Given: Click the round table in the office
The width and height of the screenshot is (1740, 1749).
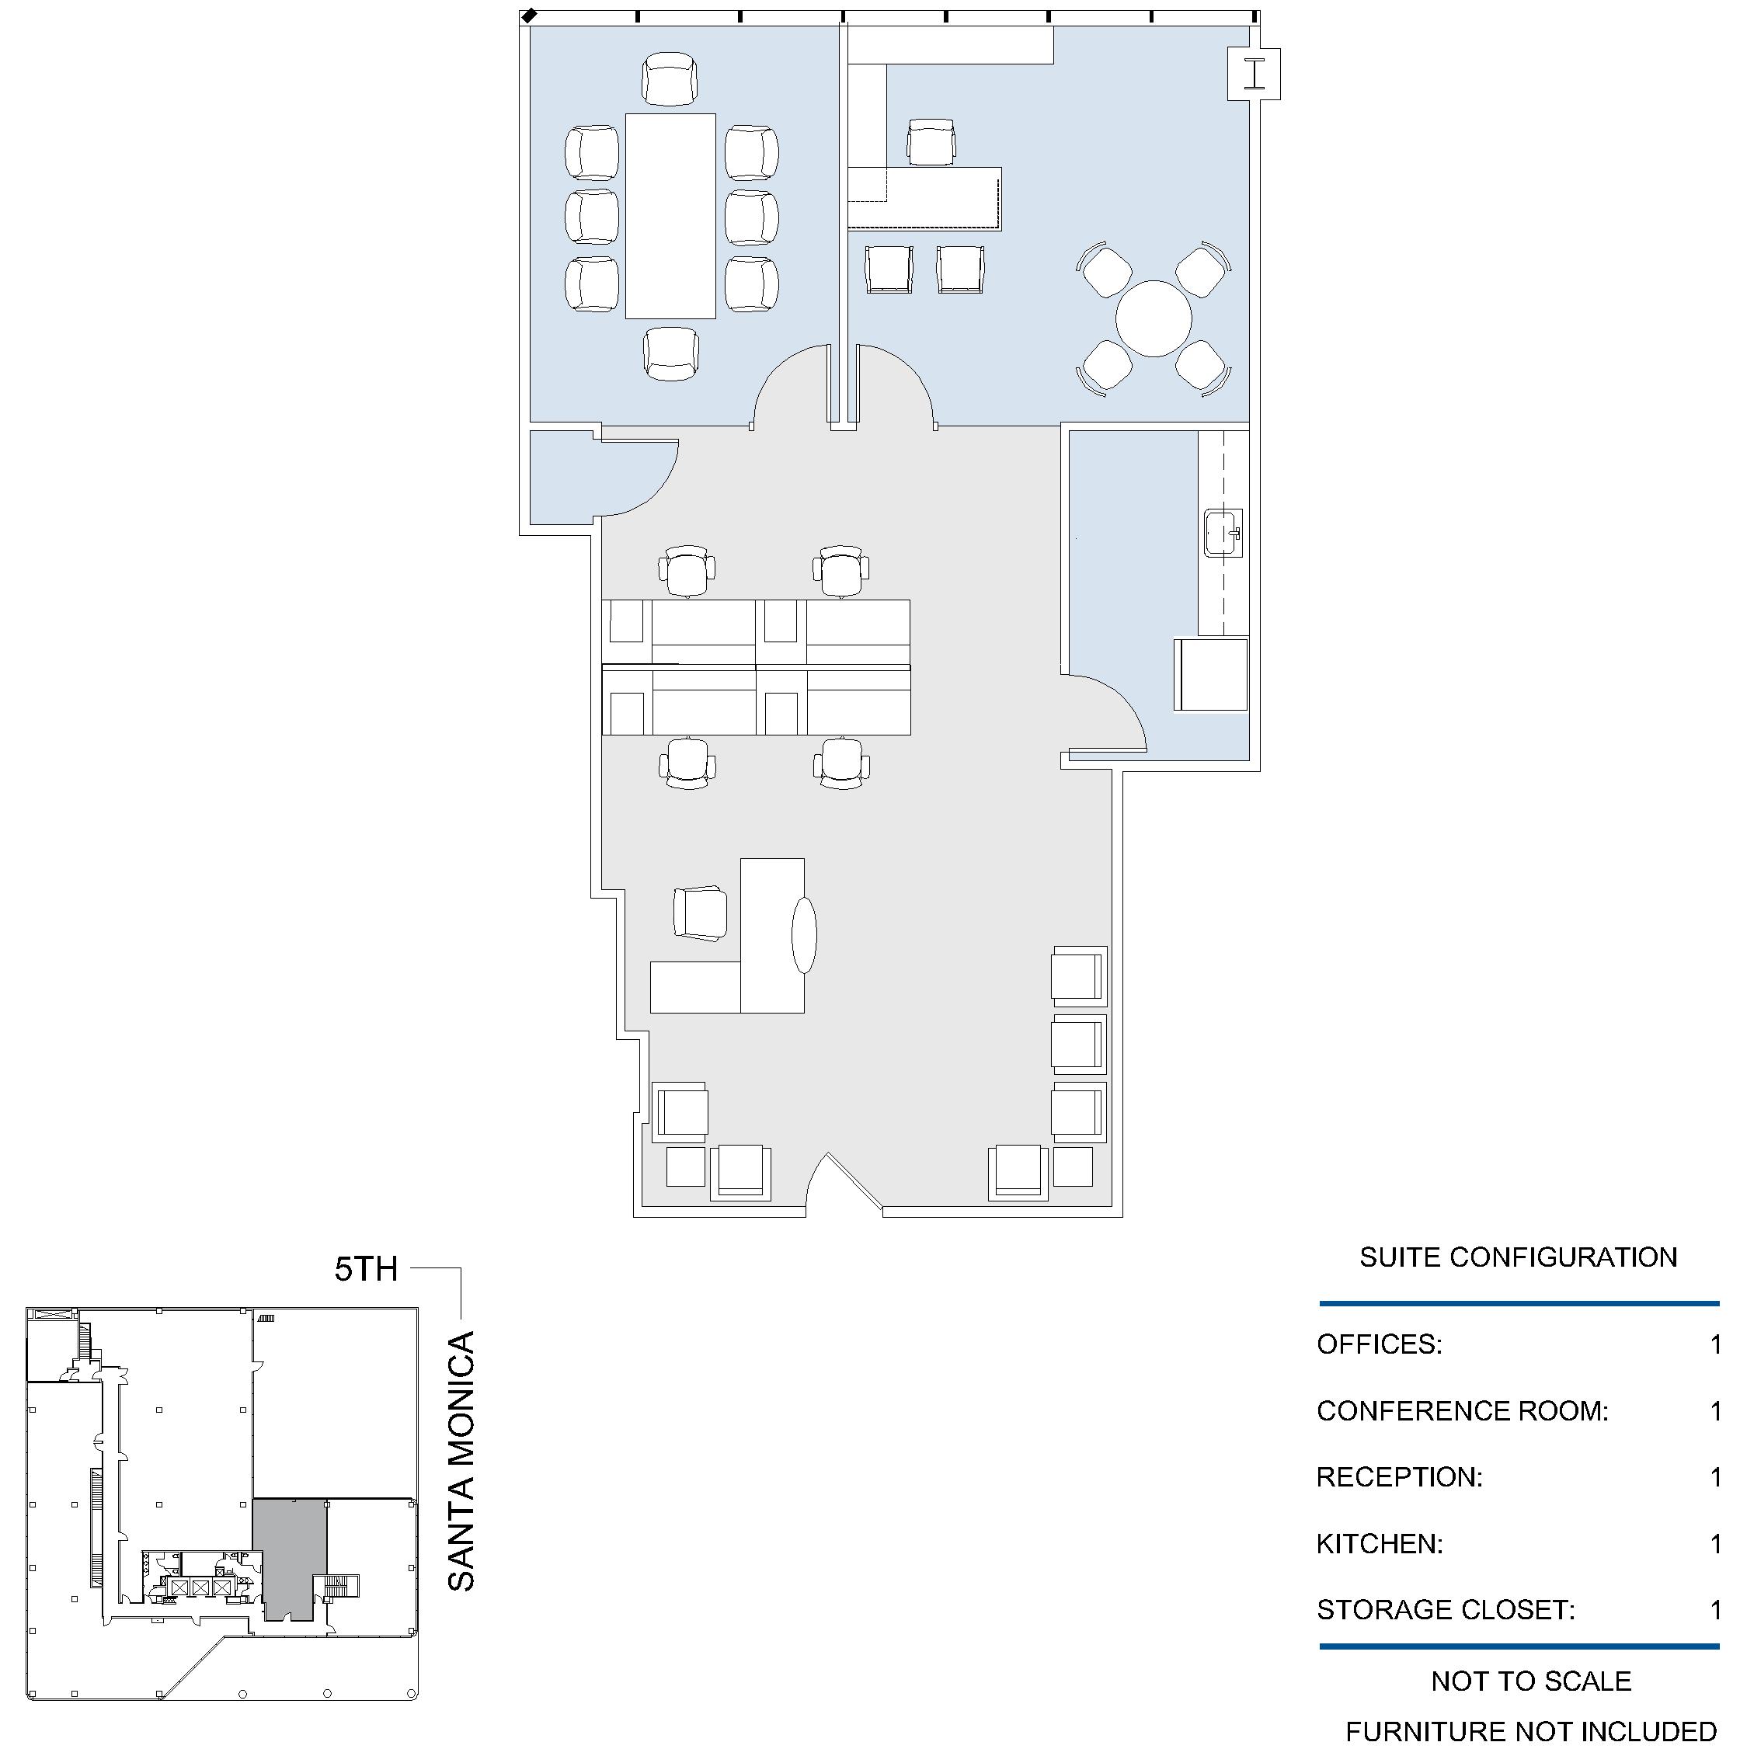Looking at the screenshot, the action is [1154, 318].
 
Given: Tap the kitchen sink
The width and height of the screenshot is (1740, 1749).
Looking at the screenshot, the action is [1223, 534].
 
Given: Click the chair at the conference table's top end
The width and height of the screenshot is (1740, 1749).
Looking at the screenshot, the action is [670, 78].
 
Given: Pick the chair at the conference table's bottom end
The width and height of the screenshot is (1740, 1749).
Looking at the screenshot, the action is [671, 354].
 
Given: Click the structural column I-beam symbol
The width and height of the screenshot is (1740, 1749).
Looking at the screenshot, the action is [1254, 75].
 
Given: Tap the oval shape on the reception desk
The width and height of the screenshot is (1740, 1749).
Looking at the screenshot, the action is [804, 935].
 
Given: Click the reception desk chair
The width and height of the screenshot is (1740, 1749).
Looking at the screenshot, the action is [700, 913].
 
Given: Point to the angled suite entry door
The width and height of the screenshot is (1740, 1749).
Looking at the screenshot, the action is [854, 1180].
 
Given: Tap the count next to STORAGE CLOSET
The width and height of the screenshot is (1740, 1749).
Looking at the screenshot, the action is [1714, 1609].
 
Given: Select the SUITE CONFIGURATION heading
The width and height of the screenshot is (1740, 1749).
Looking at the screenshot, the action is [1518, 1257].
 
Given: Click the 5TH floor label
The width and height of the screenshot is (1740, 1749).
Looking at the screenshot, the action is [366, 1269].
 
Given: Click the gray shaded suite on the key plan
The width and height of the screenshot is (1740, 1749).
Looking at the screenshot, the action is [290, 1556].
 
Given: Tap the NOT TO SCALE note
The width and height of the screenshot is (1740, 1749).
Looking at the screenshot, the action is [1531, 1681].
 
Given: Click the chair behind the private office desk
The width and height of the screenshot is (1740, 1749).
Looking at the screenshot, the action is [931, 142].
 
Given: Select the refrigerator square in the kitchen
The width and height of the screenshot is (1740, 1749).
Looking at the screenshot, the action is [1210, 674].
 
